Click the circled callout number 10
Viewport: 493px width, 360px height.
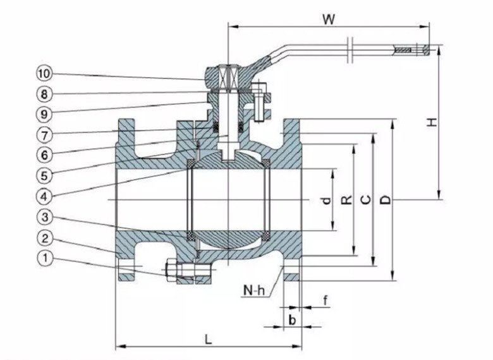(x=44, y=73)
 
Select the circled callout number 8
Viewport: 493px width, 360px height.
(x=44, y=94)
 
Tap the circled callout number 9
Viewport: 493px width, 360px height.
(x=44, y=115)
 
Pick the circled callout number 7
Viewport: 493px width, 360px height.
(x=44, y=135)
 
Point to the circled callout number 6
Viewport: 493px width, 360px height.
(x=44, y=155)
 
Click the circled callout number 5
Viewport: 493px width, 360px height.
(x=44, y=176)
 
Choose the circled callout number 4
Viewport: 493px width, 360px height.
(x=44, y=197)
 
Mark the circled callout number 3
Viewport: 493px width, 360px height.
(x=45, y=217)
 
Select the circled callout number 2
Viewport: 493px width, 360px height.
(x=45, y=238)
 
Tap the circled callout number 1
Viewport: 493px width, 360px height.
(x=45, y=258)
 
